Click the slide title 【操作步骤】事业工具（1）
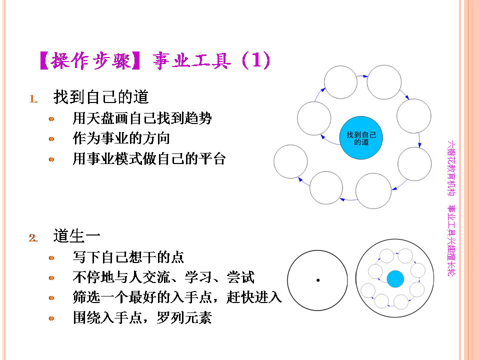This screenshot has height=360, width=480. coord(155,60)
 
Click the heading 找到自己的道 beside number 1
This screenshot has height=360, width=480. coord(101,96)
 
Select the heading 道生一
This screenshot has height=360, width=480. coord(77,235)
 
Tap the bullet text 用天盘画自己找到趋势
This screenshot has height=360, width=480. coord(142,118)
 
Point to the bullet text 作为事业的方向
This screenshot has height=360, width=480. coord(121,138)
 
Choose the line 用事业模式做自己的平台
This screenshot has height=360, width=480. coord(149,158)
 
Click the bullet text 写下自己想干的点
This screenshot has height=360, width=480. coord(128,257)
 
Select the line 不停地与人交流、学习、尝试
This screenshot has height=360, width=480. coord(163,277)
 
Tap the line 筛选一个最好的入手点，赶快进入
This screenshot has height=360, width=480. coord(177,297)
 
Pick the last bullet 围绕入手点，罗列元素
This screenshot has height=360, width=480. coord(142,318)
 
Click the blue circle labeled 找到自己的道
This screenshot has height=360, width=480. coord(361,138)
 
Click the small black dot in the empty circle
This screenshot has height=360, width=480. coord(318,280)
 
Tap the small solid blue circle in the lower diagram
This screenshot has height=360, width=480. coord(395,279)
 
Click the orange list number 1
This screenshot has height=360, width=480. coord(33,99)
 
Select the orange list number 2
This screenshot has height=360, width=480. coord(33,238)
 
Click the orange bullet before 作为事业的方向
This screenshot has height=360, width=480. coord(51,139)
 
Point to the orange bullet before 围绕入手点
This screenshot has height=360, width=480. coord(51,318)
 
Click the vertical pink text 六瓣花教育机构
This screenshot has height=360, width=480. coord(451,168)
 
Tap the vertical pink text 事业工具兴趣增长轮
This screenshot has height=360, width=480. coord(451,240)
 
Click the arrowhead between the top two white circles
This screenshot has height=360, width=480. coord(365,76)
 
